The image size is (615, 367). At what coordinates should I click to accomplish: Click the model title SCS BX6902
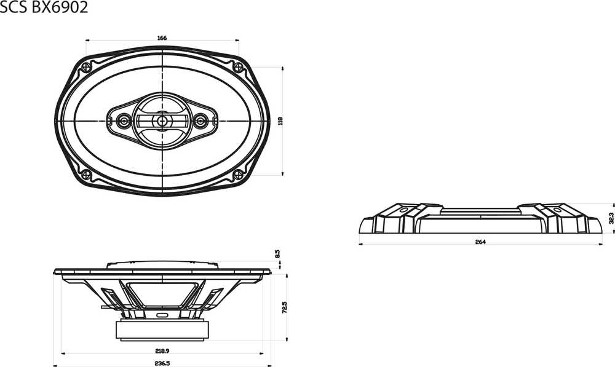coord(44,7)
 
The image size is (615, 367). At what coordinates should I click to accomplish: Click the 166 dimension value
coord(162,38)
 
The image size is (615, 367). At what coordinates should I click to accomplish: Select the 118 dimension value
coord(280,120)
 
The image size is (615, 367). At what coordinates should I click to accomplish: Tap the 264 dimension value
coord(480,242)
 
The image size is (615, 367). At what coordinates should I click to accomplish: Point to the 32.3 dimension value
coord(611,218)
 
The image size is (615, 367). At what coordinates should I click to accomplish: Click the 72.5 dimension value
coord(285,307)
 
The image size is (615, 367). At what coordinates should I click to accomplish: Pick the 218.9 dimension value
coord(162,351)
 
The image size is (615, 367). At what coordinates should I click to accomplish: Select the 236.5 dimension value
coord(162,363)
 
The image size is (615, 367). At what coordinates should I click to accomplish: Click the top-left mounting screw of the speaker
coord(86,67)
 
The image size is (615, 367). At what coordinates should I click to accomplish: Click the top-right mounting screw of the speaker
coord(238,67)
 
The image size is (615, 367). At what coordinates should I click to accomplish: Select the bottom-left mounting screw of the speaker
coord(86,175)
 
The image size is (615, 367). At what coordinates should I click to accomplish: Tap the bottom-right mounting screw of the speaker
coord(238,175)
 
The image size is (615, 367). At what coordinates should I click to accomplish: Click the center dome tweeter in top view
coord(162,120)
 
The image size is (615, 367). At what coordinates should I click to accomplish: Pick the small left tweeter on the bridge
coord(124,120)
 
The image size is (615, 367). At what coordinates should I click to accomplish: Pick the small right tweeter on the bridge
coord(200,120)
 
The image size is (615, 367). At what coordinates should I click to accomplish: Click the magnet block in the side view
coord(162,330)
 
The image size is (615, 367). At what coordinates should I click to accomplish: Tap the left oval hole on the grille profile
coord(404,210)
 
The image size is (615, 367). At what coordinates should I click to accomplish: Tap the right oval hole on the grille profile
coord(557,210)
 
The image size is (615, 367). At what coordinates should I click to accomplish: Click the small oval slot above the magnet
coord(162,315)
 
